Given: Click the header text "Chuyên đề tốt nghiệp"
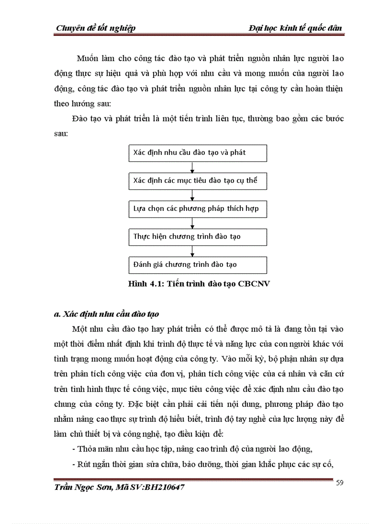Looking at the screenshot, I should click(95, 28).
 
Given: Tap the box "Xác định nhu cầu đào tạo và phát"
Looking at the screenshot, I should click(197, 153).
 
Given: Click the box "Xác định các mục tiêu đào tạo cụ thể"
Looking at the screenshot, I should click(197, 181).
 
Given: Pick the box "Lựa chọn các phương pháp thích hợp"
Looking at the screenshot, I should click(197, 209).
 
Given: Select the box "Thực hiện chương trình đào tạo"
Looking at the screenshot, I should click(197, 237).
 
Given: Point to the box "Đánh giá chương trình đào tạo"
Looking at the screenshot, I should click(197, 265).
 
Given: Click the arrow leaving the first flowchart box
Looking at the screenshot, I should click(193, 167).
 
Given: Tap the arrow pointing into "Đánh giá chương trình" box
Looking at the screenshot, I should click(193, 251).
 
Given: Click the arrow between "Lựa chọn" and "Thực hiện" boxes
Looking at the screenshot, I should click(193, 223).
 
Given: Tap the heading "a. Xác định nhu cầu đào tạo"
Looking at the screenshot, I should click(107, 314).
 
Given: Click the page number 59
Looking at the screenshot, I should click(339, 483).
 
